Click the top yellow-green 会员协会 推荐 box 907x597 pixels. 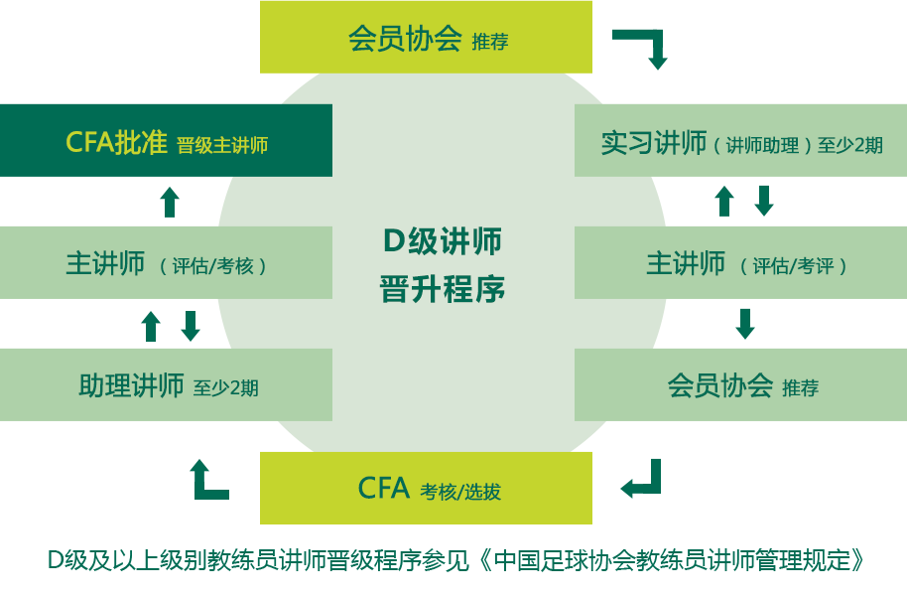(x=426, y=37)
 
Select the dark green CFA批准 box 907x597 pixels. (x=166, y=141)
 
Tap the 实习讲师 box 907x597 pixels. (x=740, y=141)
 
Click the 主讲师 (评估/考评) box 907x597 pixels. (x=740, y=263)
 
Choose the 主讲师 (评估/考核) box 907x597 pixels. (x=166, y=263)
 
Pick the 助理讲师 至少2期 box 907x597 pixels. (x=166, y=384)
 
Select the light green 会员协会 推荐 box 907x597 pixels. (x=740, y=384)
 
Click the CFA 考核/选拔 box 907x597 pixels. (x=426, y=488)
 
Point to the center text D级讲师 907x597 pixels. (x=443, y=241)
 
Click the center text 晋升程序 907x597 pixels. (x=443, y=289)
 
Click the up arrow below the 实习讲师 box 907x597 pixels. (x=724, y=201)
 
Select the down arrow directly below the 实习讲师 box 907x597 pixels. (x=764, y=201)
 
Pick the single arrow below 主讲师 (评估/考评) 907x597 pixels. (x=745, y=324)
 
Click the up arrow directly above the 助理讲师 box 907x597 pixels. (x=151, y=327)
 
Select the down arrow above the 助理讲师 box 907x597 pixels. (x=191, y=327)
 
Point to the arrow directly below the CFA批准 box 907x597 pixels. (x=170, y=202)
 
